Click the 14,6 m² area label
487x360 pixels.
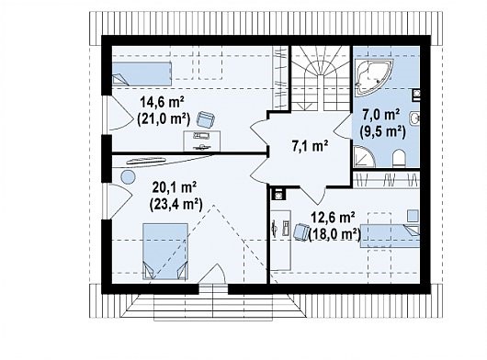[163, 102]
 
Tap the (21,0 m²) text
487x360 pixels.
[164, 118]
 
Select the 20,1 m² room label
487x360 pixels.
[175, 187]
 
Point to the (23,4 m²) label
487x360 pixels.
[176, 204]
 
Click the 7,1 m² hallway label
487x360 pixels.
[310, 146]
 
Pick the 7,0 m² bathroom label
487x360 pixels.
[381, 115]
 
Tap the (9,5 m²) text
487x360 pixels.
[382, 131]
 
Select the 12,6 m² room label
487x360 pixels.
[333, 219]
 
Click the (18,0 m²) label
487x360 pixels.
[334, 234]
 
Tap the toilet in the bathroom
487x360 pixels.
[399, 158]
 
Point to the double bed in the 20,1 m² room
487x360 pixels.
[165, 251]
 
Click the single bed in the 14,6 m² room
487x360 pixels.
[142, 73]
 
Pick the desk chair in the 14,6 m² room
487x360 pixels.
[206, 119]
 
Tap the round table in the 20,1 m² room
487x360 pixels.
[128, 178]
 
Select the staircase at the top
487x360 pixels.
[321, 78]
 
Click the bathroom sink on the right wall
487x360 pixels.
[415, 118]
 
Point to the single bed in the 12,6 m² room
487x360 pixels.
[390, 235]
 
